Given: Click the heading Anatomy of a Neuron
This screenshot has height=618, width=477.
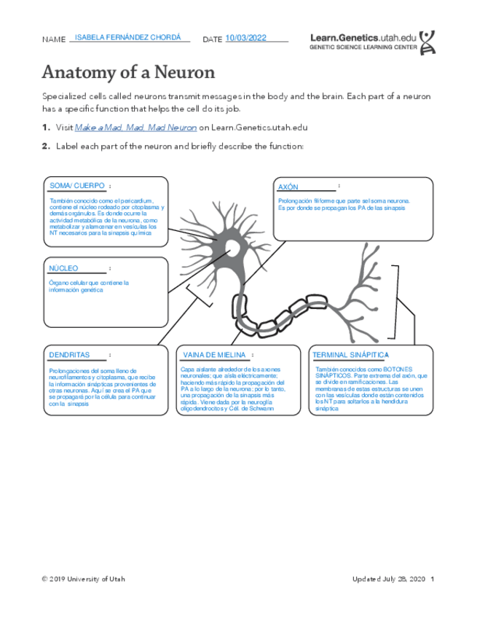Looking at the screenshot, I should coord(128,73).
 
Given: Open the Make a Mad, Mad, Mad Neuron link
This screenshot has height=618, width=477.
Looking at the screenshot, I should coord(136,128).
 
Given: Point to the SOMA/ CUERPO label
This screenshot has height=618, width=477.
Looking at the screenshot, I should coord(76,186).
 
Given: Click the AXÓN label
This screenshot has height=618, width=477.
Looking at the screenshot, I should coord(289,187).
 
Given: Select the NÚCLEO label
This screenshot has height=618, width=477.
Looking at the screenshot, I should coord(63,268).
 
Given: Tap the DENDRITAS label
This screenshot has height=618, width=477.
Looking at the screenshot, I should coord(69,355).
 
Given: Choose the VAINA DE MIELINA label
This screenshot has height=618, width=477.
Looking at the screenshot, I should coord(215,355).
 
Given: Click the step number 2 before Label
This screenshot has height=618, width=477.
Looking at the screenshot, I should coord(45,146).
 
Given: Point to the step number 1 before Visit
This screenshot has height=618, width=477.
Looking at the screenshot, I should coord(45,128).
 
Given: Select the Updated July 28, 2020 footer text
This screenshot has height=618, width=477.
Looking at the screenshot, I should coord(388,579).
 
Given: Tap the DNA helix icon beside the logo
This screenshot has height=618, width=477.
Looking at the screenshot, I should coord(430,41).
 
